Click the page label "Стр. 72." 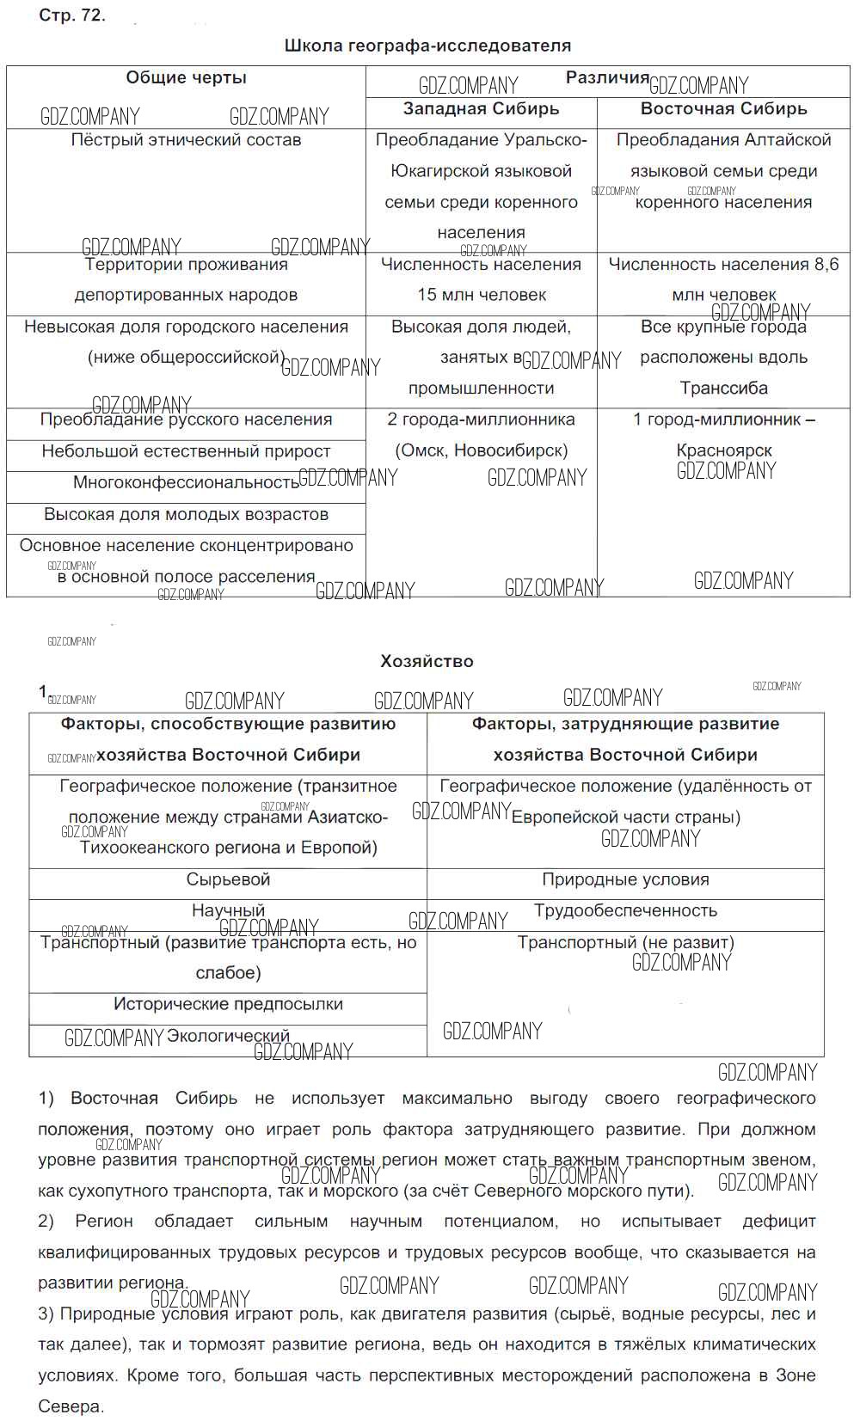tap(72, 15)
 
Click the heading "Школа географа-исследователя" tap(427, 46)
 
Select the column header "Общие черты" tap(186, 77)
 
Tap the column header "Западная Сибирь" tap(481, 109)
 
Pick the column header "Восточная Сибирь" tap(723, 109)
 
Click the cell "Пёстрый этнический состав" tap(186, 140)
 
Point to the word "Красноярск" tap(724, 450)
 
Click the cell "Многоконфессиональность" tap(186, 482)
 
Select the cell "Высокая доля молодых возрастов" tap(186, 514)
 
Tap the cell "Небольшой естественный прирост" tap(186, 451)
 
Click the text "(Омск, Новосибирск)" tap(481, 450)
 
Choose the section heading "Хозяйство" tap(427, 661)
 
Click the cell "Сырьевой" tap(228, 879)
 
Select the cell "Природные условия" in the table tap(625, 879)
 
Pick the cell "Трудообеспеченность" tap(625, 910)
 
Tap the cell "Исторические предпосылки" tap(228, 1004)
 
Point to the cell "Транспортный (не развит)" tap(625, 942)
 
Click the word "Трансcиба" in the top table tap(724, 389)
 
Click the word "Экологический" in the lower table tap(228, 1036)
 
